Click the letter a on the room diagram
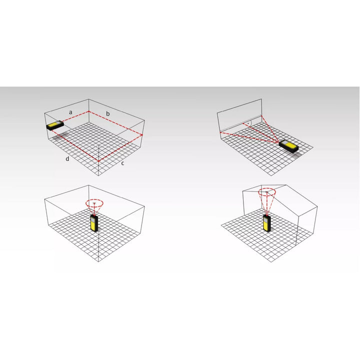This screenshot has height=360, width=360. (x=70, y=112)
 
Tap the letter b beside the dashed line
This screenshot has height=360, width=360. (x=107, y=113)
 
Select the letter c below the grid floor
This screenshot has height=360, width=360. (x=122, y=163)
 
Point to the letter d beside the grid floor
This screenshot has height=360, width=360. (x=67, y=158)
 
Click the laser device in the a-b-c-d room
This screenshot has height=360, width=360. (x=55, y=125)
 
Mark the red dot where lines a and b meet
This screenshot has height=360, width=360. (x=89, y=111)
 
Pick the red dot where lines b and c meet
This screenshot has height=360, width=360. (x=142, y=135)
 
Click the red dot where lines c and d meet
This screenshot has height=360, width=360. (x=98, y=161)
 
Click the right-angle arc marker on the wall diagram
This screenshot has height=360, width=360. (x=251, y=123)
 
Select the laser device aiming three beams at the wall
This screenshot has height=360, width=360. (x=288, y=146)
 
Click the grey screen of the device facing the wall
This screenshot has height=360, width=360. (x=284, y=143)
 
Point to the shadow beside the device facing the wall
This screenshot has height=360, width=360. (x=296, y=154)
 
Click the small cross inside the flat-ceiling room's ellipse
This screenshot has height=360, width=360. (x=94, y=203)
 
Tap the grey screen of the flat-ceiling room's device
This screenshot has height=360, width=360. (x=93, y=219)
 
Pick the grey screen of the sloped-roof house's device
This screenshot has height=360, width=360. (x=265, y=219)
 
